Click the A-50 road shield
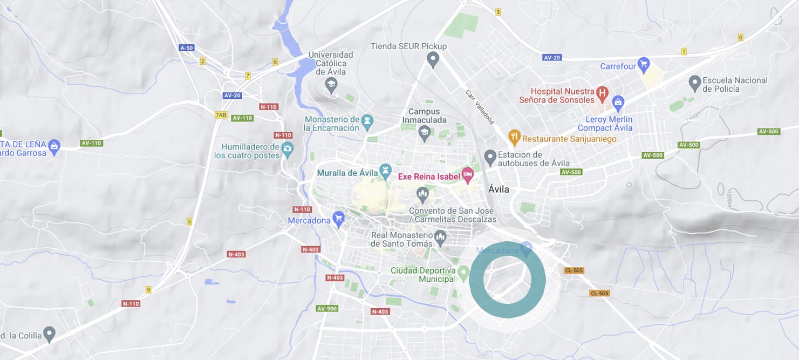186,47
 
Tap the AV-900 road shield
327,308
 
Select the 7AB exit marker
221,114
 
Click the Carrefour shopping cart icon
643,66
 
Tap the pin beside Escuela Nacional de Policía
695,83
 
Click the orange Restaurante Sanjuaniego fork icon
514,138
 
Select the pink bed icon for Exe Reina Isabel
468,175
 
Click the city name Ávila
498,189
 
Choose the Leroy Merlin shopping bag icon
618,101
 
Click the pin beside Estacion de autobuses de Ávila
490,157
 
